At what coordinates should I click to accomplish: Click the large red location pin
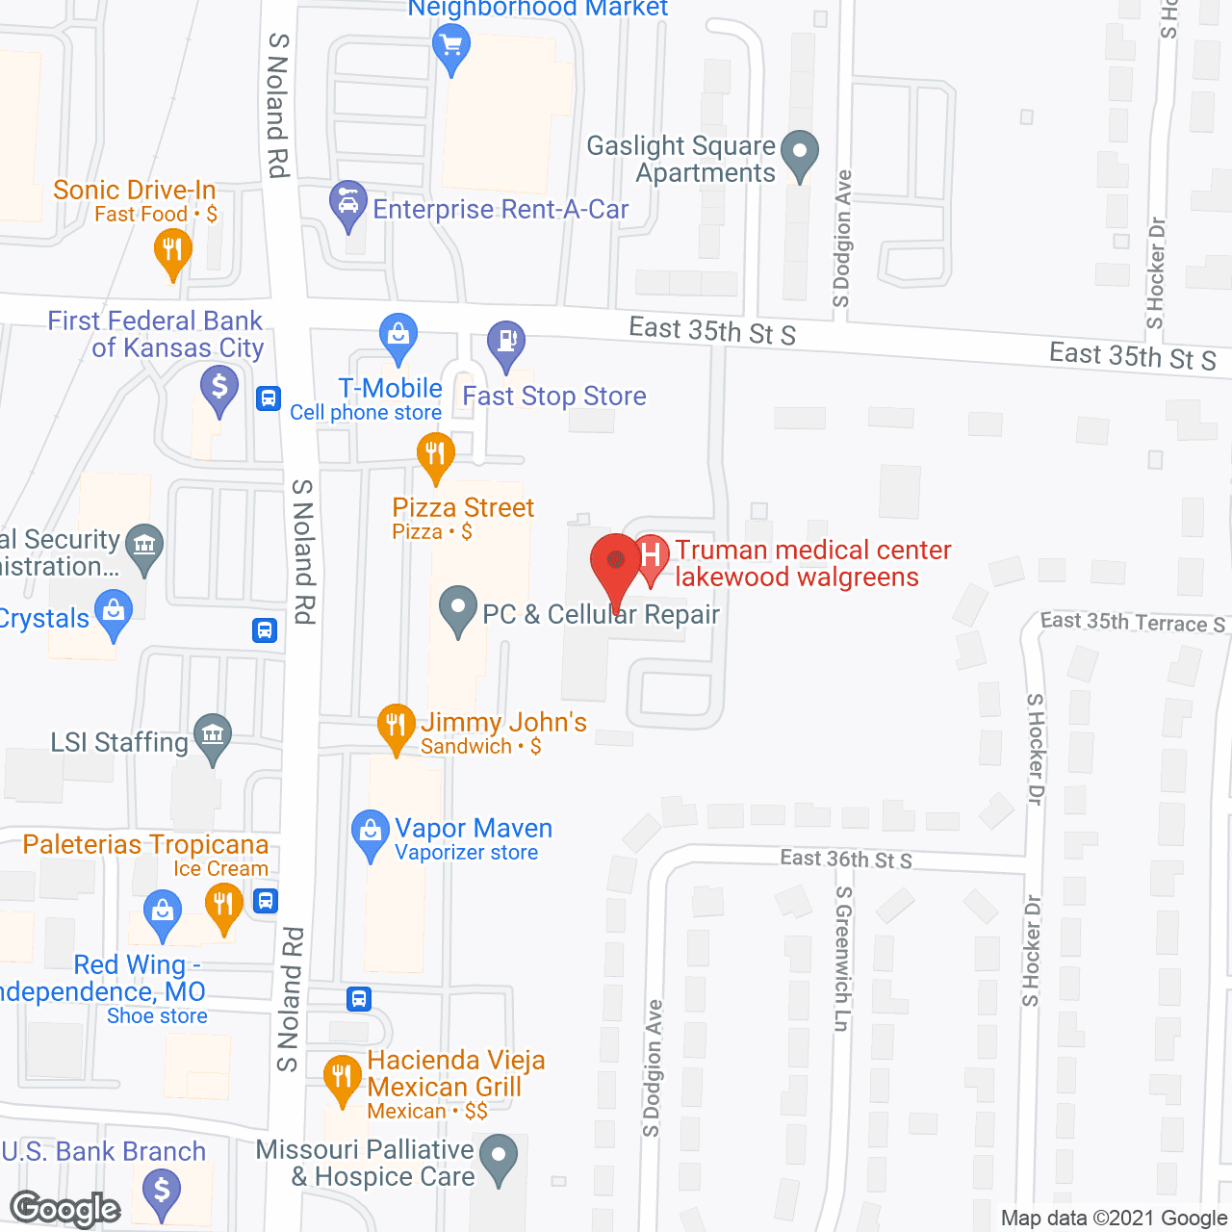coord(615,563)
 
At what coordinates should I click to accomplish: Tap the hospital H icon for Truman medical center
coord(652,555)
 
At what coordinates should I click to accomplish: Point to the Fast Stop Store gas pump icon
coord(506,342)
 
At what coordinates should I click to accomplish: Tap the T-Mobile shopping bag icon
coord(398,336)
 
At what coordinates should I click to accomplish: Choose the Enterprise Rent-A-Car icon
coord(347,203)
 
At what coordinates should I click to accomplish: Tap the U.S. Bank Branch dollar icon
coord(162,1191)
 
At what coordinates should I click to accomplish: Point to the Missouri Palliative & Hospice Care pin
coord(498,1157)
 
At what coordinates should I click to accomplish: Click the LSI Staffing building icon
coord(213,736)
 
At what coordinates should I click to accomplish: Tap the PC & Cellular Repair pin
coord(458,609)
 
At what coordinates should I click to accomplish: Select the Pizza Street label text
coord(463,508)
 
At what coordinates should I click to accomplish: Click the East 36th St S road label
coord(846,859)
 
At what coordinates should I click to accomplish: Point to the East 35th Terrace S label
coord(1132,623)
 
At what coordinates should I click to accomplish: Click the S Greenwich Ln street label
coord(843,959)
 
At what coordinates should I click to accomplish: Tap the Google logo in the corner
coord(65,1209)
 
